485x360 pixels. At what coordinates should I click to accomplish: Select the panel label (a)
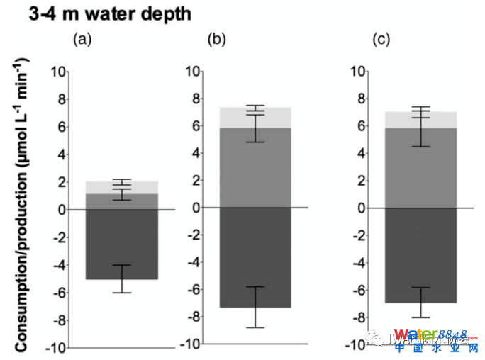pyautogui.click(x=84, y=40)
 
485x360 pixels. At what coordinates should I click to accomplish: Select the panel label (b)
pyautogui.click(x=216, y=40)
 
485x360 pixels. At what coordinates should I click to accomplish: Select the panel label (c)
pyautogui.click(x=381, y=40)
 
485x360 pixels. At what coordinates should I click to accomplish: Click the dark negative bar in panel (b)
pyautogui.click(x=255, y=257)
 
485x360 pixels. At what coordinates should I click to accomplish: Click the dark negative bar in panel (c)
pyautogui.click(x=420, y=255)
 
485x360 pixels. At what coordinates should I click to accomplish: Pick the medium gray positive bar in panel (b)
pyautogui.click(x=255, y=167)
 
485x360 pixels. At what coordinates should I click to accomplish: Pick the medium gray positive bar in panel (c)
pyautogui.click(x=420, y=167)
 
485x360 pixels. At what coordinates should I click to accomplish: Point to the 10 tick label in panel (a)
pyautogui.click(x=57, y=71)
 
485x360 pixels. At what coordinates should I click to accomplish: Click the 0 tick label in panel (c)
pyautogui.click(x=361, y=208)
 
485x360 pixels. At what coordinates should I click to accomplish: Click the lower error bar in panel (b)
pyautogui.click(x=255, y=308)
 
